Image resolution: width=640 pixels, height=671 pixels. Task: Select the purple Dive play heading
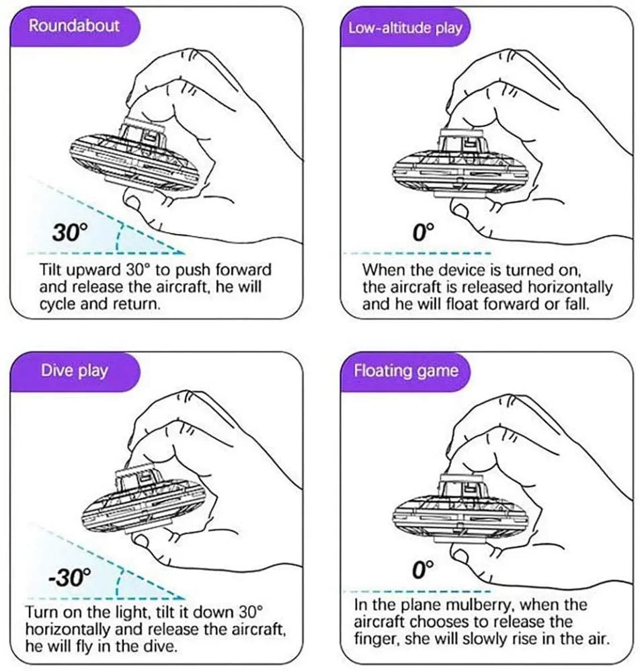pyautogui.click(x=74, y=370)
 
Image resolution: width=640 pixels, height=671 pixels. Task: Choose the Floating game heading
pyautogui.click(x=406, y=370)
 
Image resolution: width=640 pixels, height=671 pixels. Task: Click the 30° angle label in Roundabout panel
pyautogui.click(x=70, y=234)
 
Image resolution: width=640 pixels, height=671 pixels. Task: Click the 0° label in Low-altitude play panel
pyautogui.click(x=423, y=233)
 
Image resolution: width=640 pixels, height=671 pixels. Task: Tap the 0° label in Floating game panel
pyautogui.click(x=423, y=571)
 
